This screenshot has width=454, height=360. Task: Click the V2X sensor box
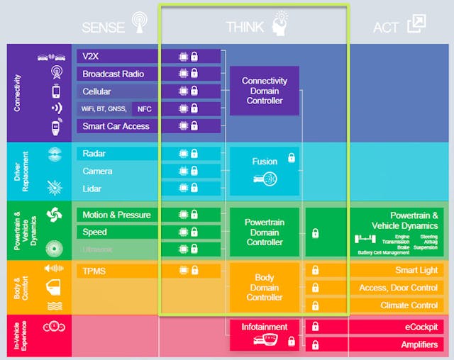click(x=117, y=57)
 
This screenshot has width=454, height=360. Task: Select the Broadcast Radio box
click(x=117, y=74)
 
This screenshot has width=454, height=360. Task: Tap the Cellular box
click(x=117, y=91)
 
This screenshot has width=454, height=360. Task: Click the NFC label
click(x=145, y=109)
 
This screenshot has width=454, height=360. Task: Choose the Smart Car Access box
click(x=117, y=126)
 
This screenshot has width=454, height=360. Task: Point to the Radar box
click(x=117, y=154)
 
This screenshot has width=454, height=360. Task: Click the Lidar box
click(x=117, y=189)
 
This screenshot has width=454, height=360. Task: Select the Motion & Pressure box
click(x=117, y=215)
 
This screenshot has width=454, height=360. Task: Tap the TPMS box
click(x=117, y=271)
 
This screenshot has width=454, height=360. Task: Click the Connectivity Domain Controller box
click(x=264, y=91)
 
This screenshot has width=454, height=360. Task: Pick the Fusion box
click(x=264, y=170)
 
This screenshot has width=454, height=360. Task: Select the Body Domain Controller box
click(x=264, y=287)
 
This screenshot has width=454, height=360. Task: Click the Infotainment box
click(x=264, y=334)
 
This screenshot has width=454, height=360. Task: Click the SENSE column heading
click(x=104, y=28)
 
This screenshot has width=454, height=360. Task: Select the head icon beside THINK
click(x=279, y=23)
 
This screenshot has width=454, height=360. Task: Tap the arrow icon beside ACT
click(x=416, y=25)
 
